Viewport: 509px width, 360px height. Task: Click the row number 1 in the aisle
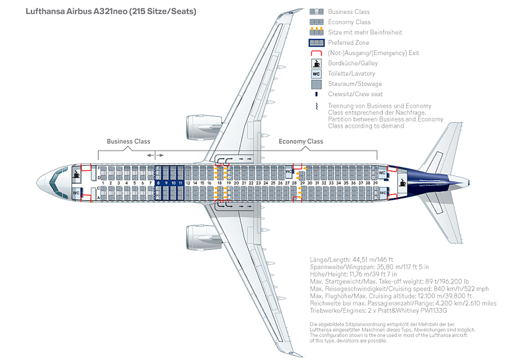tap(103, 183)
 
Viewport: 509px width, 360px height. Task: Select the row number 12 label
tap(188, 183)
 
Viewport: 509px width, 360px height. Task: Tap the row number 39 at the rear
tap(376, 183)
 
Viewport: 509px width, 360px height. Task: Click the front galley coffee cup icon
tap(76, 174)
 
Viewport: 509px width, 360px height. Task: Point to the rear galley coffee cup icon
tap(403, 182)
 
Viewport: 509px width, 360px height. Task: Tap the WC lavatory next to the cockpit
tap(76, 193)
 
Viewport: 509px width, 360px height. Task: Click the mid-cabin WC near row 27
tap(288, 172)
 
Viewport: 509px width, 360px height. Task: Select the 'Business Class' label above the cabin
tap(128, 141)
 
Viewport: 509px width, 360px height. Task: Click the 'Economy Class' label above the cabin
tap(301, 141)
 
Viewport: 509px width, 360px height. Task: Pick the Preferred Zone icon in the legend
tap(316, 43)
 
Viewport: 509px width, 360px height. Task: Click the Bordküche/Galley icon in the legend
tap(316, 63)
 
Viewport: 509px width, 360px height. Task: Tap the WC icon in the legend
tap(316, 73)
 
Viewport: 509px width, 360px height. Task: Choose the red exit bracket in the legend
tap(316, 53)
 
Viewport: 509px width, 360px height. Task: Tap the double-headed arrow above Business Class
tap(155, 155)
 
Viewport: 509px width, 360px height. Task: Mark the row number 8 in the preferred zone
tap(159, 183)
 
